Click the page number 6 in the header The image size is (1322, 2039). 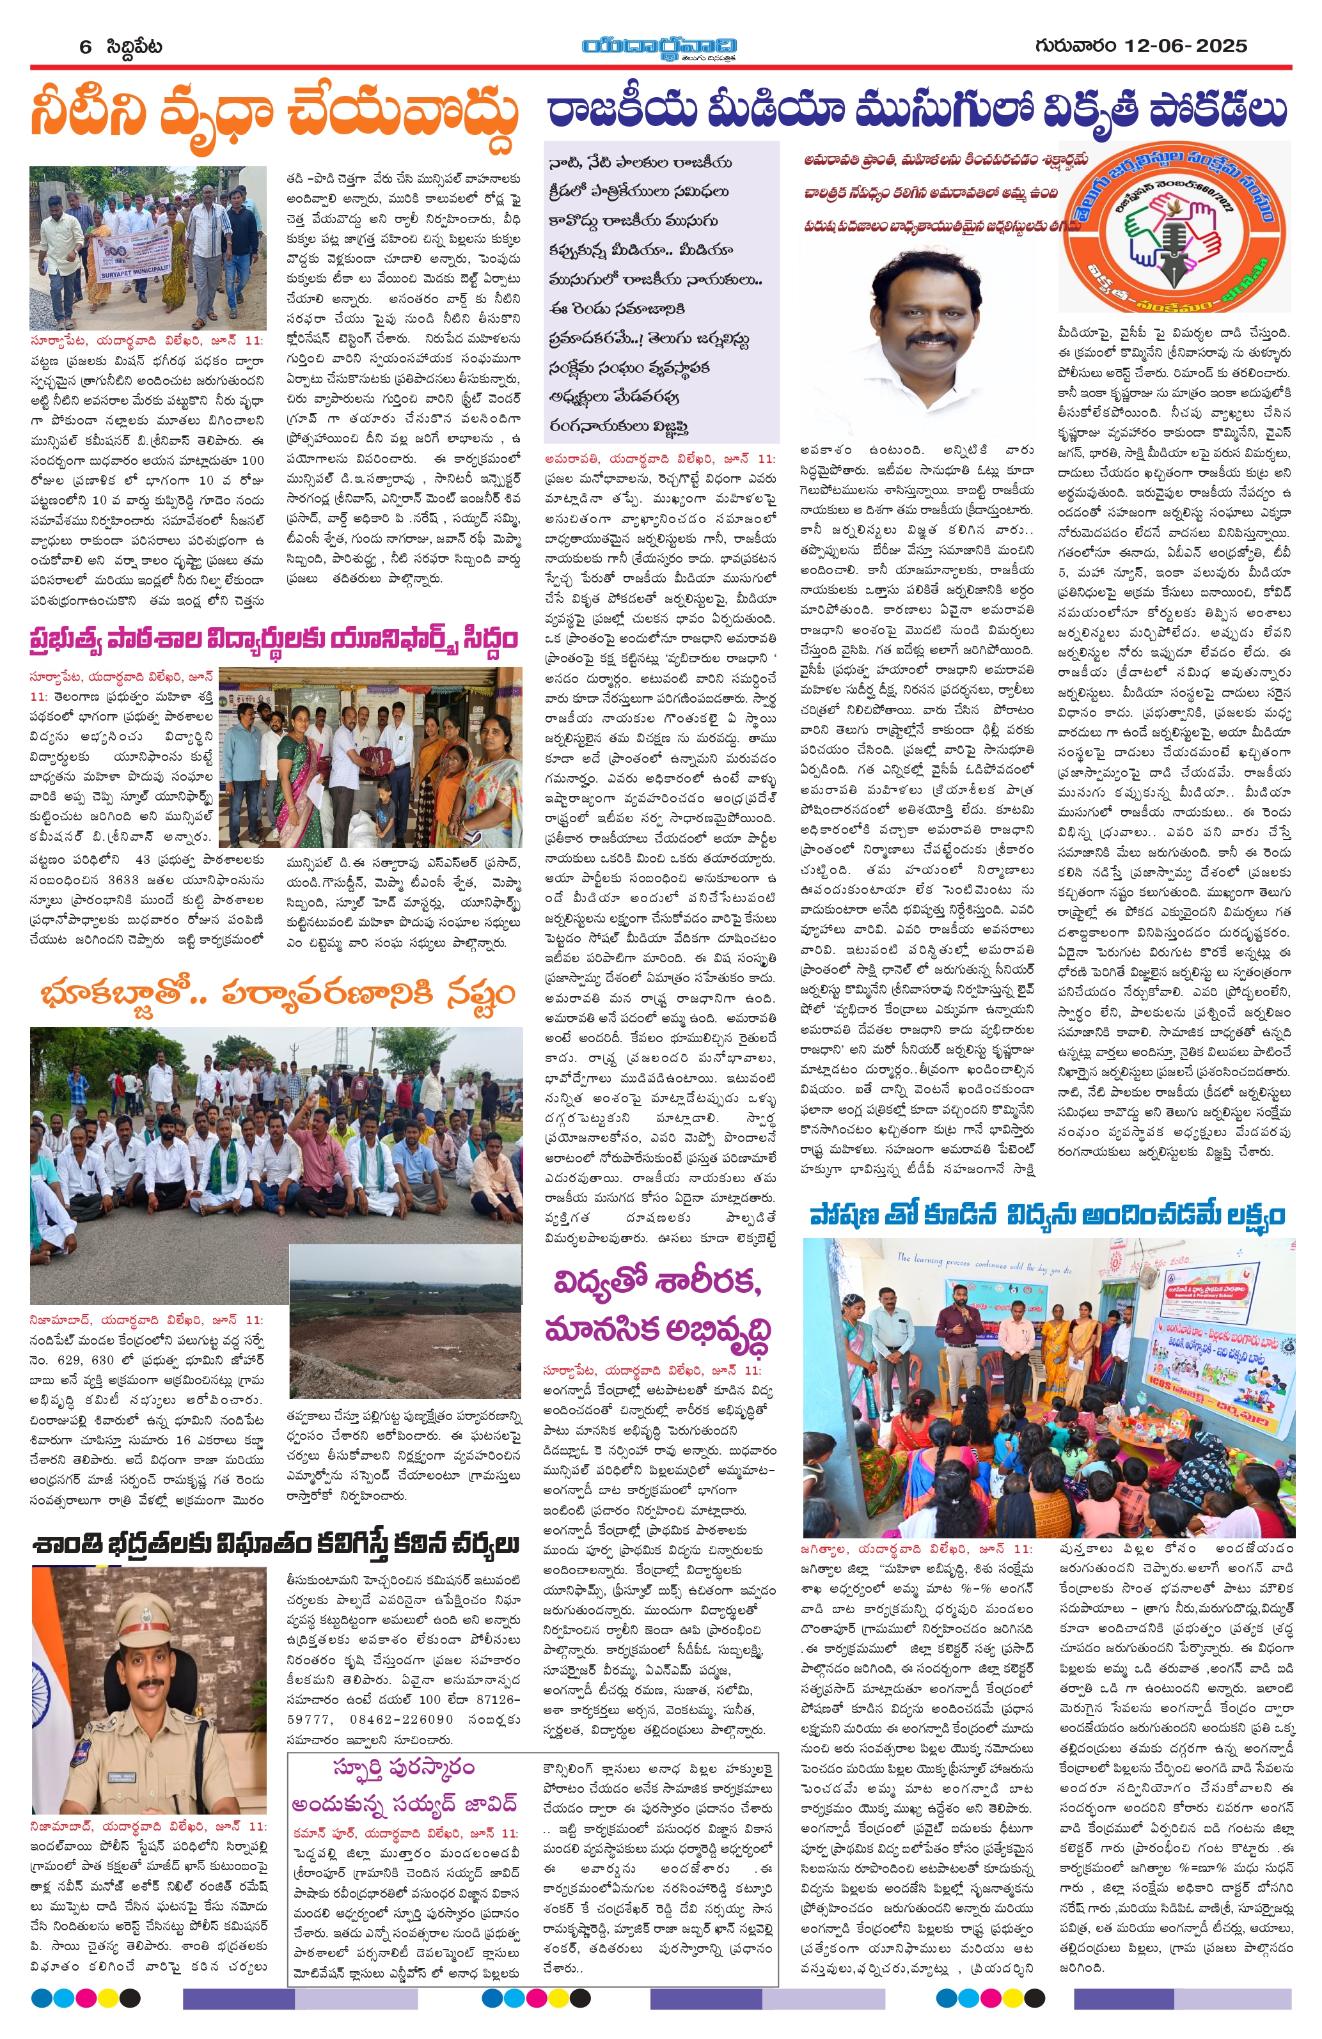pos(85,46)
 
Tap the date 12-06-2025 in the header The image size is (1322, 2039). pos(1186,45)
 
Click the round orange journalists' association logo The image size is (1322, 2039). pos(1175,228)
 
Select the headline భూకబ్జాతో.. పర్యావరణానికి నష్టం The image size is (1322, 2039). pos(276,996)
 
